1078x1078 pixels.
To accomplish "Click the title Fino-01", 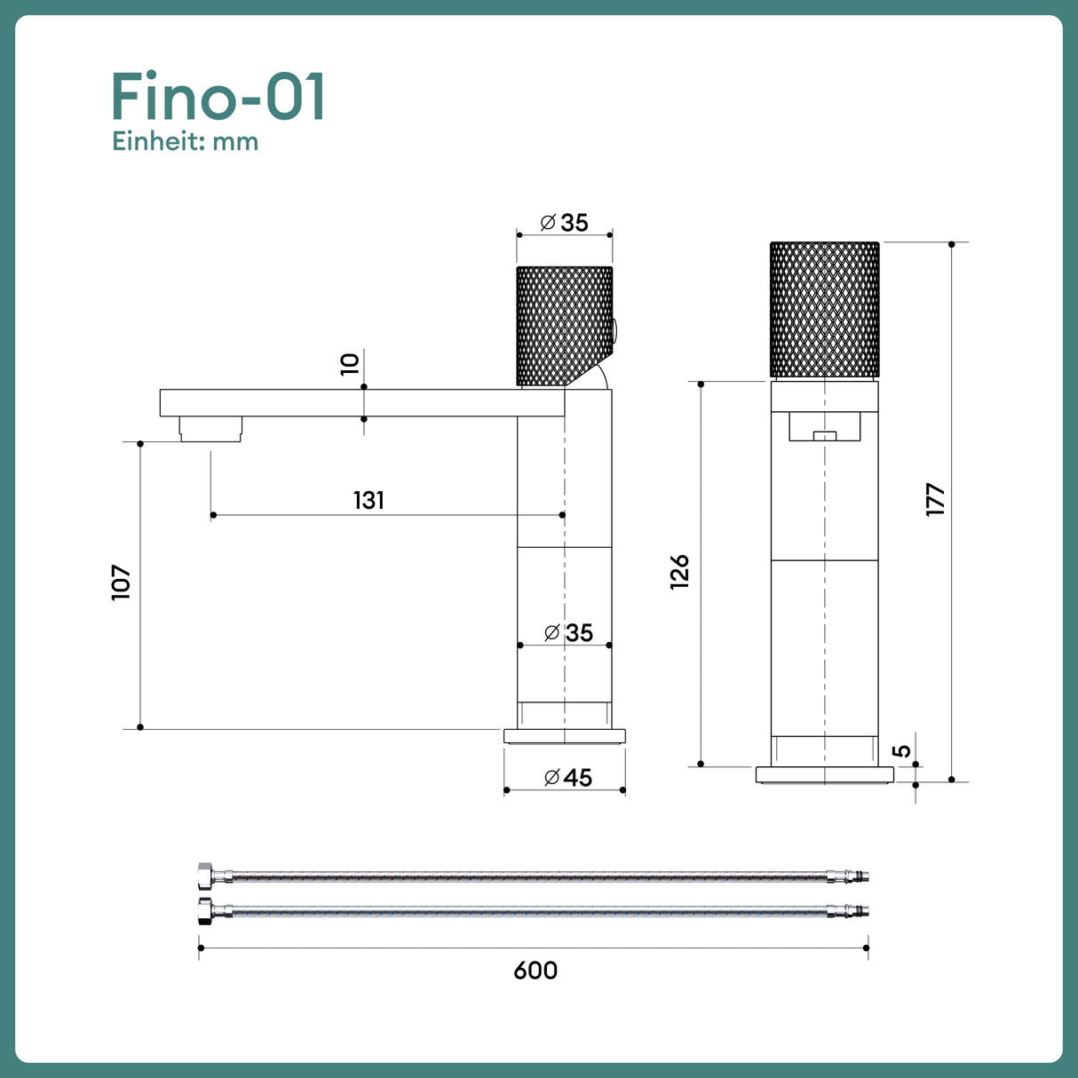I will tap(218, 97).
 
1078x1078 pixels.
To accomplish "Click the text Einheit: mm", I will tap(185, 142).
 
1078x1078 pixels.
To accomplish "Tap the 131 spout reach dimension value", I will tap(369, 501).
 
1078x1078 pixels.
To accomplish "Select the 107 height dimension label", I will tap(122, 583).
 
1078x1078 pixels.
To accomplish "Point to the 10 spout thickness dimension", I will tap(350, 364).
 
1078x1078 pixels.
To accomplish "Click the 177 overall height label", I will tap(935, 500).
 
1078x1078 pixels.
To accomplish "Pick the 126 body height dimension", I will tap(679, 572).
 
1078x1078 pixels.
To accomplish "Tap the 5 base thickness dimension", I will tap(902, 750).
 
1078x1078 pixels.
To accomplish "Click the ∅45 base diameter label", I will tap(568, 778).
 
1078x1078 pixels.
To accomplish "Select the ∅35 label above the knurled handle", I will tap(565, 223).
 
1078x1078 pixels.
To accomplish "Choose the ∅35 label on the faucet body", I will tap(568, 633).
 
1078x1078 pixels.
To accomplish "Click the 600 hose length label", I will tap(535, 971).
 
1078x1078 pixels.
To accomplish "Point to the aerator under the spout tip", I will tap(210, 429).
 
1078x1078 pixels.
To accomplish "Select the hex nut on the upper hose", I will tap(205, 877).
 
